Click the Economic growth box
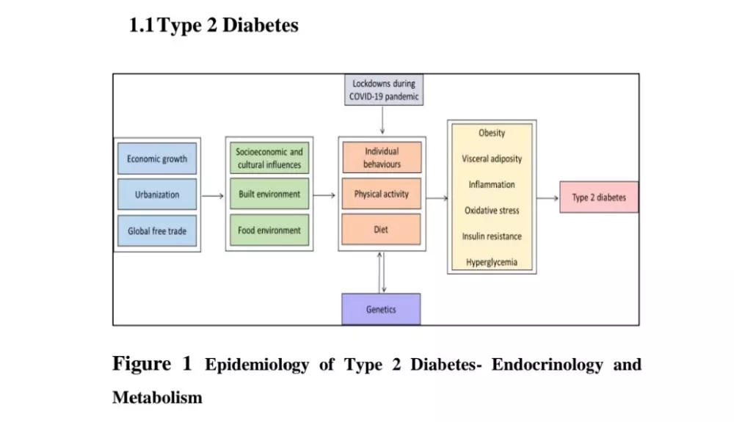(x=157, y=159)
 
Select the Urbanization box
(x=157, y=194)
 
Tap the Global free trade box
(x=157, y=230)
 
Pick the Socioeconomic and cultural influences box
(x=269, y=159)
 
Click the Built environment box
(x=269, y=194)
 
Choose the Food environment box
(x=269, y=230)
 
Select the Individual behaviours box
(x=382, y=158)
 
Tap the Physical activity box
(x=382, y=194)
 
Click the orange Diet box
(x=382, y=230)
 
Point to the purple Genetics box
(x=381, y=309)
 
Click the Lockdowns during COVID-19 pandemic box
(x=383, y=90)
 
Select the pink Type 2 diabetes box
(x=599, y=197)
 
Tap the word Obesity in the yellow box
(x=492, y=133)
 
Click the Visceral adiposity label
(x=492, y=159)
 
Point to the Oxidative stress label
(x=492, y=211)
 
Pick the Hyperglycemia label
(x=492, y=262)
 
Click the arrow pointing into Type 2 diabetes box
(x=548, y=197)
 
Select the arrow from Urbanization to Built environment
(x=213, y=196)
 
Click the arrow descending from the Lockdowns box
(x=382, y=120)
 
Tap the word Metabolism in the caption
(x=157, y=398)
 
